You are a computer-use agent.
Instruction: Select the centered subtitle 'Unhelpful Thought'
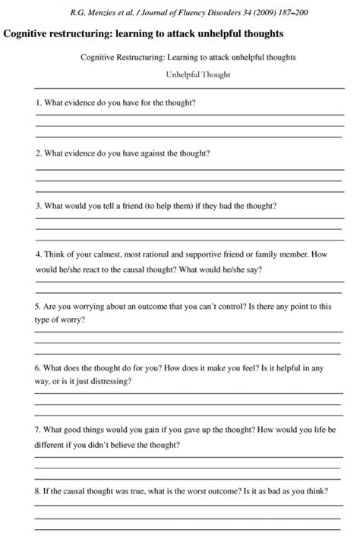pyautogui.click(x=198, y=74)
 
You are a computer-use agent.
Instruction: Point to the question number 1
pyautogui.click(x=38, y=102)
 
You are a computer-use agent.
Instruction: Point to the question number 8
pyautogui.click(x=38, y=491)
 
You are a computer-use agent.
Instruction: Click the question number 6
pyautogui.click(x=38, y=368)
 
